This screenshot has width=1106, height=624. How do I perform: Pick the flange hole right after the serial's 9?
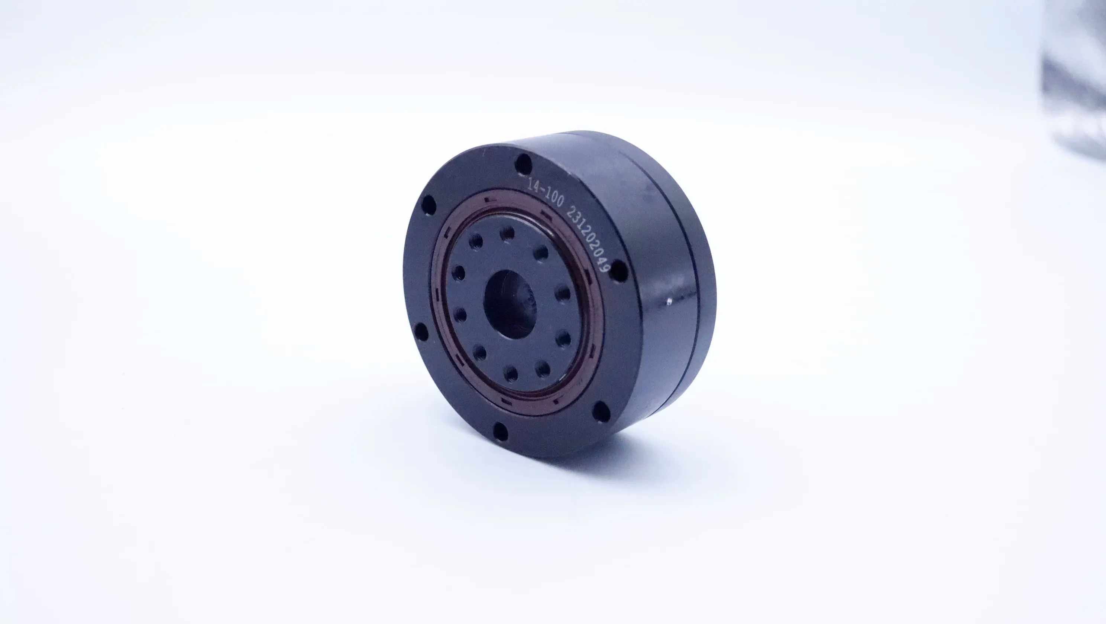pyautogui.click(x=619, y=272)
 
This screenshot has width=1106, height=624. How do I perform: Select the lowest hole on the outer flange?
pyautogui.click(x=501, y=431)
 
